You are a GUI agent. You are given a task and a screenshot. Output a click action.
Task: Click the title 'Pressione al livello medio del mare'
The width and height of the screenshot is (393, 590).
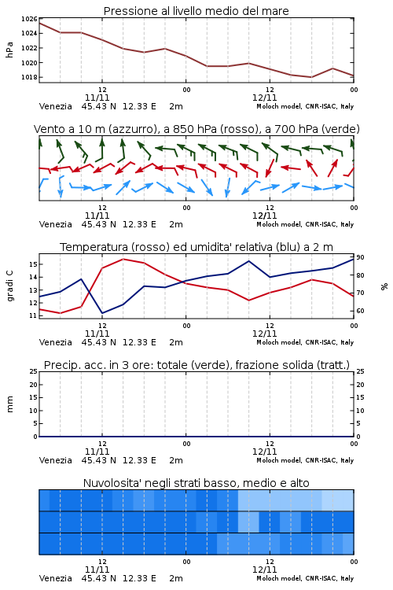click(x=196, y=11)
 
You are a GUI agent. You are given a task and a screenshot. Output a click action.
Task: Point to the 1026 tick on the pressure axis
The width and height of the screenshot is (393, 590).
click(x=29, y=19)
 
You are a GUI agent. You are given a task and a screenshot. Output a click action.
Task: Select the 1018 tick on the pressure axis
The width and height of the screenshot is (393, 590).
click(x=29, y=77)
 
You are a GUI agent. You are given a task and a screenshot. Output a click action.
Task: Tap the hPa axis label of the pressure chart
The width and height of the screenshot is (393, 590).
click(x=9, y=50)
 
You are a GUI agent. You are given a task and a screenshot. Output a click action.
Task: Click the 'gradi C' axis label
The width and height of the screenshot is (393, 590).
click(x=9, y=286)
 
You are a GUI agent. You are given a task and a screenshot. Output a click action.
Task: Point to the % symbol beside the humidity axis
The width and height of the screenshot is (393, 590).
click(x=384, y=286)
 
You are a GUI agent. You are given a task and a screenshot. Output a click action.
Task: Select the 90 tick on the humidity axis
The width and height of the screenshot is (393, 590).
click(x=360, y=257)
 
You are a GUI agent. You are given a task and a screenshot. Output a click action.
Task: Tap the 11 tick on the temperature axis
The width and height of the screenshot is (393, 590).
click(x=33, y=315)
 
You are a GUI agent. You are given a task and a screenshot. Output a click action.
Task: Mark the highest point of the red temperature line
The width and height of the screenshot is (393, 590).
click(x=123, y=259)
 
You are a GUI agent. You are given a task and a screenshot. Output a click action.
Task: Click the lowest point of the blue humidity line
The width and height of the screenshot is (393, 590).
click(x=102, y=313)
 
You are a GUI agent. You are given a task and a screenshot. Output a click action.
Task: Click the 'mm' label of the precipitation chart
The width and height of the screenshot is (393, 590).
click(x=9, y=404)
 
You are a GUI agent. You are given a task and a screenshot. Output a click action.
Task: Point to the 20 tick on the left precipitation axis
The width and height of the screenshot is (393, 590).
click(x=34, y=385)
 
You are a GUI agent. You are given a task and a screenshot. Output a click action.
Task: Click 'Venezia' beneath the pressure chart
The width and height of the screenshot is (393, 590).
click(x=56, y=106)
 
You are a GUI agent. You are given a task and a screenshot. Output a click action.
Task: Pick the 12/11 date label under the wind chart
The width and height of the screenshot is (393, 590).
click(x=264, y=216)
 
